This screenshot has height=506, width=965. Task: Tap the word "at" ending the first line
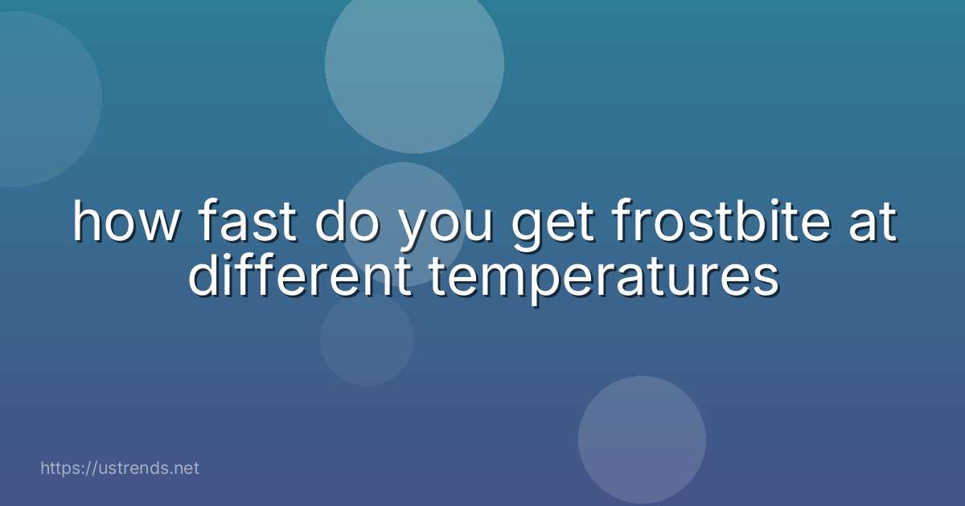[x=871, y=224]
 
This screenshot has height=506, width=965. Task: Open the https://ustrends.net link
[x=119, y=468]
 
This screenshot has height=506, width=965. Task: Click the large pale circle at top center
[x=414, y=64]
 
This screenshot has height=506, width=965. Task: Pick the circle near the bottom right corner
[x=642, y=439]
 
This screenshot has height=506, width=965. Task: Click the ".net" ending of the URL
[x=183, y=468]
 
